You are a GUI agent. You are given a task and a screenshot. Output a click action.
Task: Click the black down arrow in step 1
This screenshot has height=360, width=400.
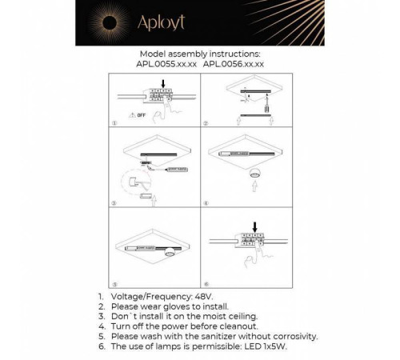(163, 82)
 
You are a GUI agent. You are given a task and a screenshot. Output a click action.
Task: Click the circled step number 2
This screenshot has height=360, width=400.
(206, 124)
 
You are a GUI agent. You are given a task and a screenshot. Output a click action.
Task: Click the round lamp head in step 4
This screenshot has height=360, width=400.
(256, 173)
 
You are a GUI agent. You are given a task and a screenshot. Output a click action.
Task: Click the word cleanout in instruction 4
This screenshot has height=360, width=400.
(234, 327)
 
